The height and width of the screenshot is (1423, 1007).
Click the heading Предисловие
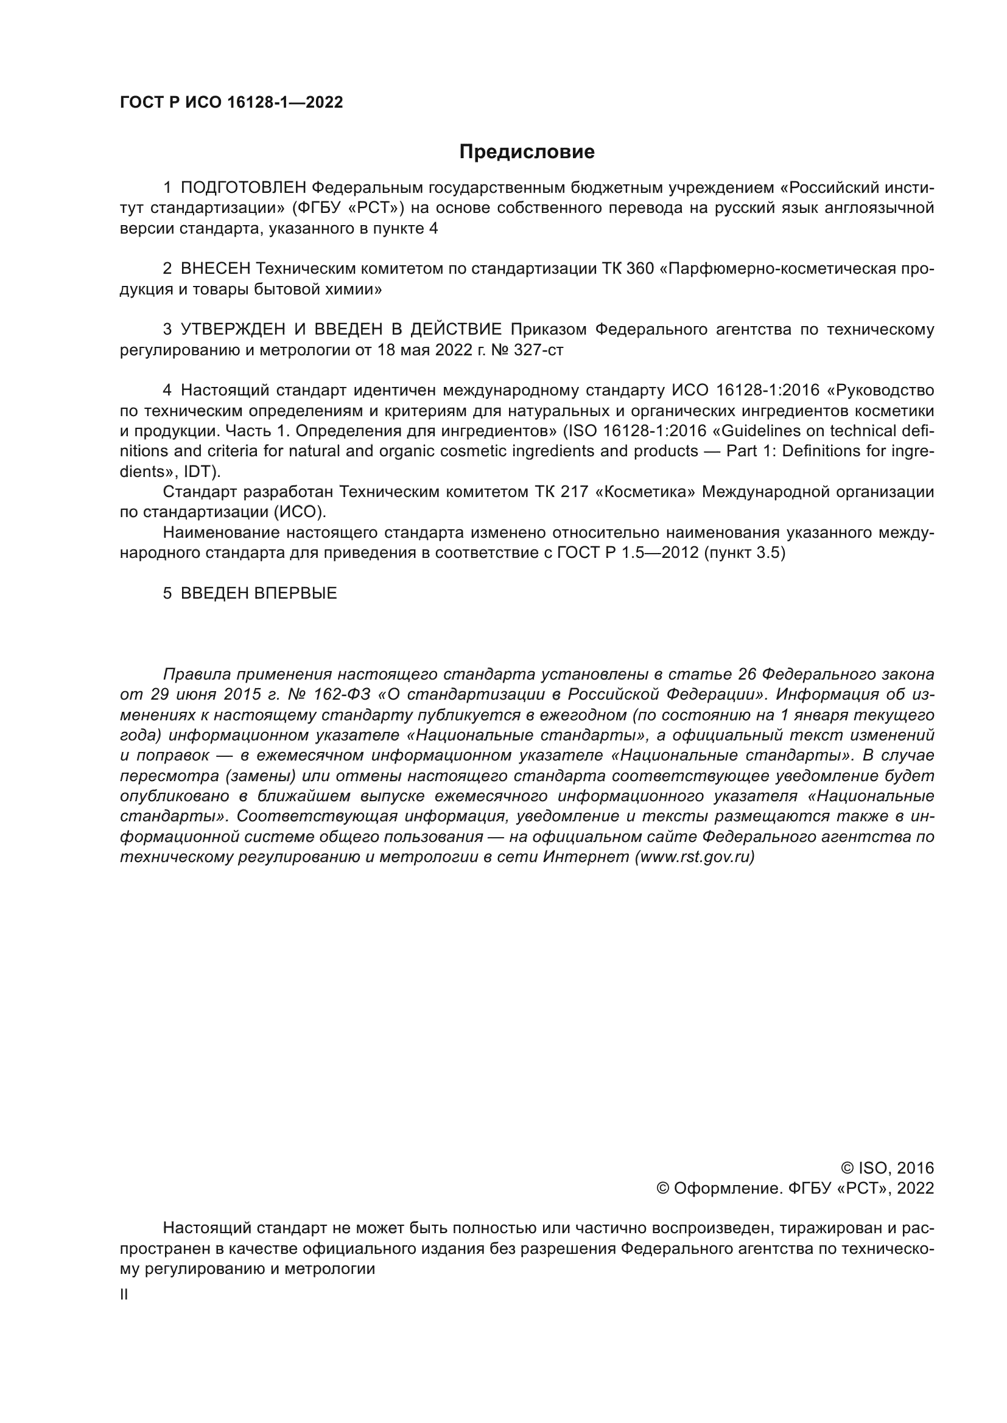[x=527, y=152]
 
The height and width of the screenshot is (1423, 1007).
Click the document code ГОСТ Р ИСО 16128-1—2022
[x=231, y=103]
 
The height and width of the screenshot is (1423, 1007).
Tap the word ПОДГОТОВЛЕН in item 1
[x=244, y=187]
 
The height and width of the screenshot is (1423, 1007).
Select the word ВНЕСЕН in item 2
[x=216, y=269]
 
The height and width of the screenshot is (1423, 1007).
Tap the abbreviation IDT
[x=198, y=471]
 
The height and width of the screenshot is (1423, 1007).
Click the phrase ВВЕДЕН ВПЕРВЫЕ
[x=259, y=593]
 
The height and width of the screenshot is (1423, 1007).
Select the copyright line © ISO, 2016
[x=886, y=1168]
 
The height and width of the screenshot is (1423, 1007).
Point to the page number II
[x=124, y=1295]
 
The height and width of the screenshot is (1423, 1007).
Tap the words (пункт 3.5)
[x=744, y=553]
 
